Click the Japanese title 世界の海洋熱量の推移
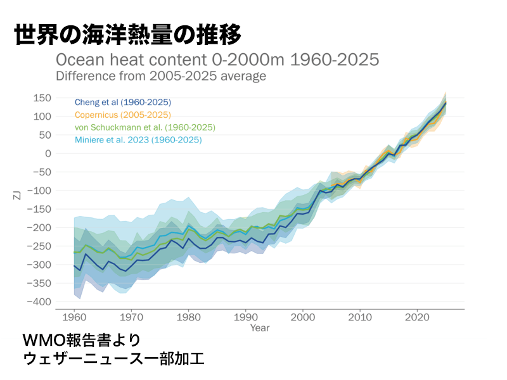tap(127, 35)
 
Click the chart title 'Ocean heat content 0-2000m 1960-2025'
tap(217, 60)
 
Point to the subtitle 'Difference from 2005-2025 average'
tap(161, 76)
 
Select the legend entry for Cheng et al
tap(123, 102)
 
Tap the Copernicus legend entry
tap(123, 115)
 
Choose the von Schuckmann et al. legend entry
tap(145, 127)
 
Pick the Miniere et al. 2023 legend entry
tap(138, 140)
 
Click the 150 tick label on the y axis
tap(42, 98)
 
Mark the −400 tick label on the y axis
tap(39, 301)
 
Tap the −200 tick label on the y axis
tap(39, 227)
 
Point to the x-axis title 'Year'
tap(259, 328)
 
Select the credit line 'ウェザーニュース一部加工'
tap(113, 358)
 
